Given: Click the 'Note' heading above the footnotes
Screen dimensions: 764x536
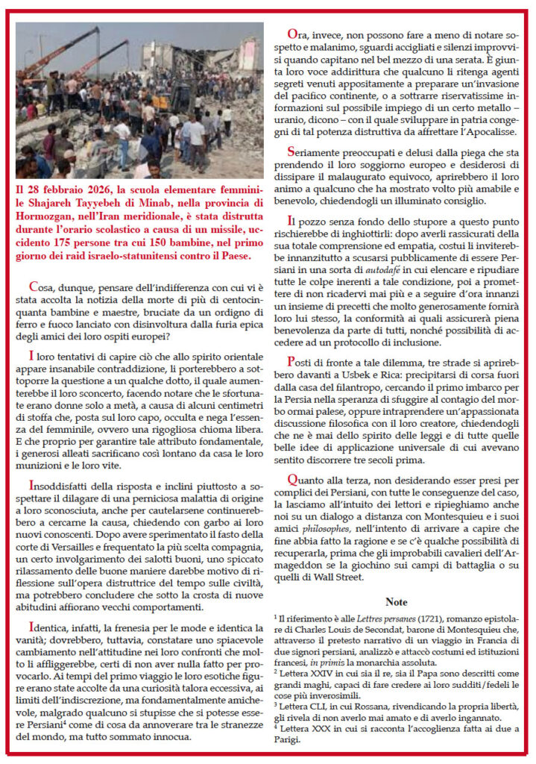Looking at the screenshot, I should (x=396, y=601).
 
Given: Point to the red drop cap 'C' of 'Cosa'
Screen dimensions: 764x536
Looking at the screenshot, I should (x=34, y=286).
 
